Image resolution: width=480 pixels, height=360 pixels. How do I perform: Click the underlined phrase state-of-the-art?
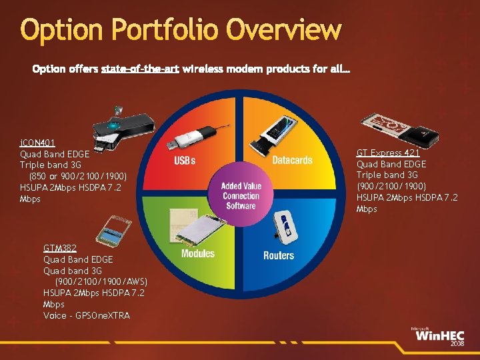140,69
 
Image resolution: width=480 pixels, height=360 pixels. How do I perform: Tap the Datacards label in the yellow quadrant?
292,160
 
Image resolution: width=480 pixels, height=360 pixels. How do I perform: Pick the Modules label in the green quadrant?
198,253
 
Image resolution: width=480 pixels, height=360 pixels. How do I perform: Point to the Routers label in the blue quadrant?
279,255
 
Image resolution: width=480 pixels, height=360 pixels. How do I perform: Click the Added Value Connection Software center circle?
241,196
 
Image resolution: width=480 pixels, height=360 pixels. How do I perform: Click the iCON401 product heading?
37,143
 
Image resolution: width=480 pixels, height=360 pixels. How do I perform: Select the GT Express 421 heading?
387,153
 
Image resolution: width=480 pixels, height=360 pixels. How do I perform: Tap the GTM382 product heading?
60,248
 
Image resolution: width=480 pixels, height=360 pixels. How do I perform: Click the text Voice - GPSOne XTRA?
87,315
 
